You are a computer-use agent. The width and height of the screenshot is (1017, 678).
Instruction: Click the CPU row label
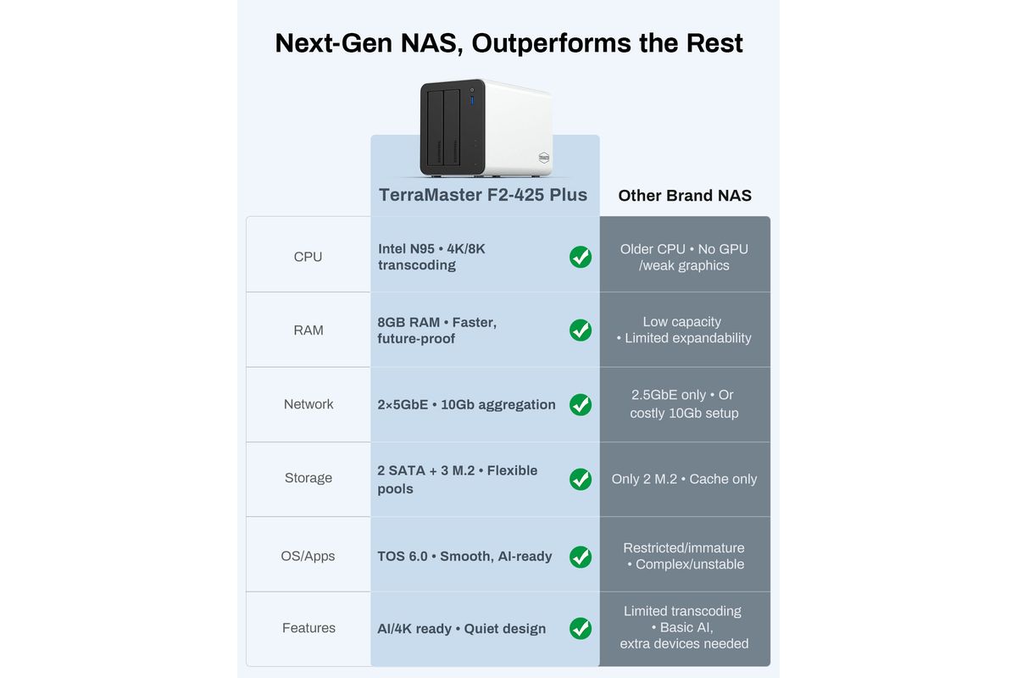click(308, 257)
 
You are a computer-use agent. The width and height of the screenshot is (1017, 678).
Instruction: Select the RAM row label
click(308, 331)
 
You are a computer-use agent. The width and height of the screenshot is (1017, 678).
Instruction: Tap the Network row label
click(308, 403)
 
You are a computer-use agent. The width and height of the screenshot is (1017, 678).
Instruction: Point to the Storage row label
click(308, 478)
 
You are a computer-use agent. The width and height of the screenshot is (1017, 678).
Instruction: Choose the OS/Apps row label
click(308, 556)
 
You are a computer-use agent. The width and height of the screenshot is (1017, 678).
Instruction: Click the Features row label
click(308, 628)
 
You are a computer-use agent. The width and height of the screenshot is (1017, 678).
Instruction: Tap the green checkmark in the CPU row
click(581, 257)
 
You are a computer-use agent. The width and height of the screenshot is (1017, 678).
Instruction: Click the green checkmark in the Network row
click(581, 404)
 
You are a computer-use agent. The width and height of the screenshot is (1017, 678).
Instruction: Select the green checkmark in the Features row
click(581, 629)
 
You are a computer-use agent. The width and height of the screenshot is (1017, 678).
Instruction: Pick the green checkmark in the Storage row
click(581, 479)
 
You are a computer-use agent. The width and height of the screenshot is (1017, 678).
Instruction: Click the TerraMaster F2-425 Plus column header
click(483, 194)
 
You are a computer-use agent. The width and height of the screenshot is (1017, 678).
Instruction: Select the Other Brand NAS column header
click(685, 195)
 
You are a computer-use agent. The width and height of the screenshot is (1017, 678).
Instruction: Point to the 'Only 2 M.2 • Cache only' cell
click(684, 479)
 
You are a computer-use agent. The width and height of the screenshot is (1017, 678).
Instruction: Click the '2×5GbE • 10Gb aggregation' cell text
click(466, 404)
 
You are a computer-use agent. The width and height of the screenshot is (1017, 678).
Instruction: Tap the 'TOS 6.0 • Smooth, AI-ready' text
click(464, 556)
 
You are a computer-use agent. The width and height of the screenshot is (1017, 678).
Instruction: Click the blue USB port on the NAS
click(472, 100)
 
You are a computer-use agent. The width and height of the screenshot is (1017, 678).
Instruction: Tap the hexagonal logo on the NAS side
click(544, 158)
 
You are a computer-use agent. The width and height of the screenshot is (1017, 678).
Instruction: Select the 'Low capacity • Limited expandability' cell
click(683, 330)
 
